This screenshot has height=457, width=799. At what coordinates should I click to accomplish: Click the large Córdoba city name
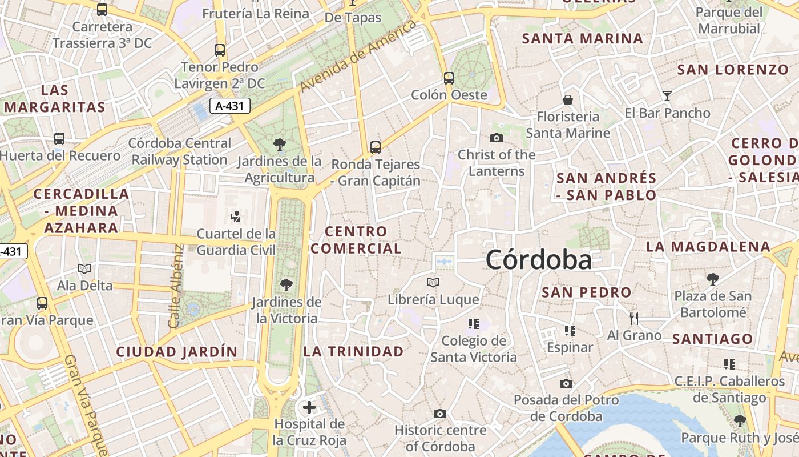tap(539, 260)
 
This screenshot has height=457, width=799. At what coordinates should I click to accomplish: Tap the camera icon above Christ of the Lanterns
tap(497, 138)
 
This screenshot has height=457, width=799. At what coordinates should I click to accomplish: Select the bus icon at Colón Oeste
tap(449, 78)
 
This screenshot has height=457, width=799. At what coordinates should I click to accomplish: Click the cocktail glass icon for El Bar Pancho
tap(667, 95)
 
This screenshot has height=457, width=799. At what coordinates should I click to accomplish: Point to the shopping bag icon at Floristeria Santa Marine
tap(568, 100)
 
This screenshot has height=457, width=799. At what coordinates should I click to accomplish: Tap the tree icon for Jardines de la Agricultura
tap(279, 144)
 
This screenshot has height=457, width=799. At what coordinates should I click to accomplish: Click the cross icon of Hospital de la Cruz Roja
tap(309, 407)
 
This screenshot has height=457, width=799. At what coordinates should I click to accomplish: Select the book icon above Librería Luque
tap(433, 282)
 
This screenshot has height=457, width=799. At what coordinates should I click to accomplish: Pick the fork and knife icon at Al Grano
tap(634, 318)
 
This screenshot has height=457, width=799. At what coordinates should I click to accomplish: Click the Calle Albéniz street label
tap(176, 286)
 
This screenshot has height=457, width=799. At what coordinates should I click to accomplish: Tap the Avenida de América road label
tap(358, 55)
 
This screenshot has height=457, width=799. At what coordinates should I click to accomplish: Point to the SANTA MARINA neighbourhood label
tap(583, 39)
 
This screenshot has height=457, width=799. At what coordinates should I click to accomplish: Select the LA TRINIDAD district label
tap(353, 351)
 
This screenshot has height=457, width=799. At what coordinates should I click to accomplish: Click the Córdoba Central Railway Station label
tap(180, 151)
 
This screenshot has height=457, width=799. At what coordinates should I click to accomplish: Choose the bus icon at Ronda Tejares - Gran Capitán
tap(375, 147)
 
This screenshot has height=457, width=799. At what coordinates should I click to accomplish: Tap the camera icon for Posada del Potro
tap(566, 383)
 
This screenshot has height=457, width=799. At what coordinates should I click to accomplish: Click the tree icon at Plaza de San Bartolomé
tap(712, 279)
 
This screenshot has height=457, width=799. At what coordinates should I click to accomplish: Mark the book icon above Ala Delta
tap(84, 268)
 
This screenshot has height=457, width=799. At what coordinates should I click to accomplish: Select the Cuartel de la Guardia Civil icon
tap(236, 217)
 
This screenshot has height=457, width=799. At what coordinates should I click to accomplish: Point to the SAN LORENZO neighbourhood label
tap(733, 70)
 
